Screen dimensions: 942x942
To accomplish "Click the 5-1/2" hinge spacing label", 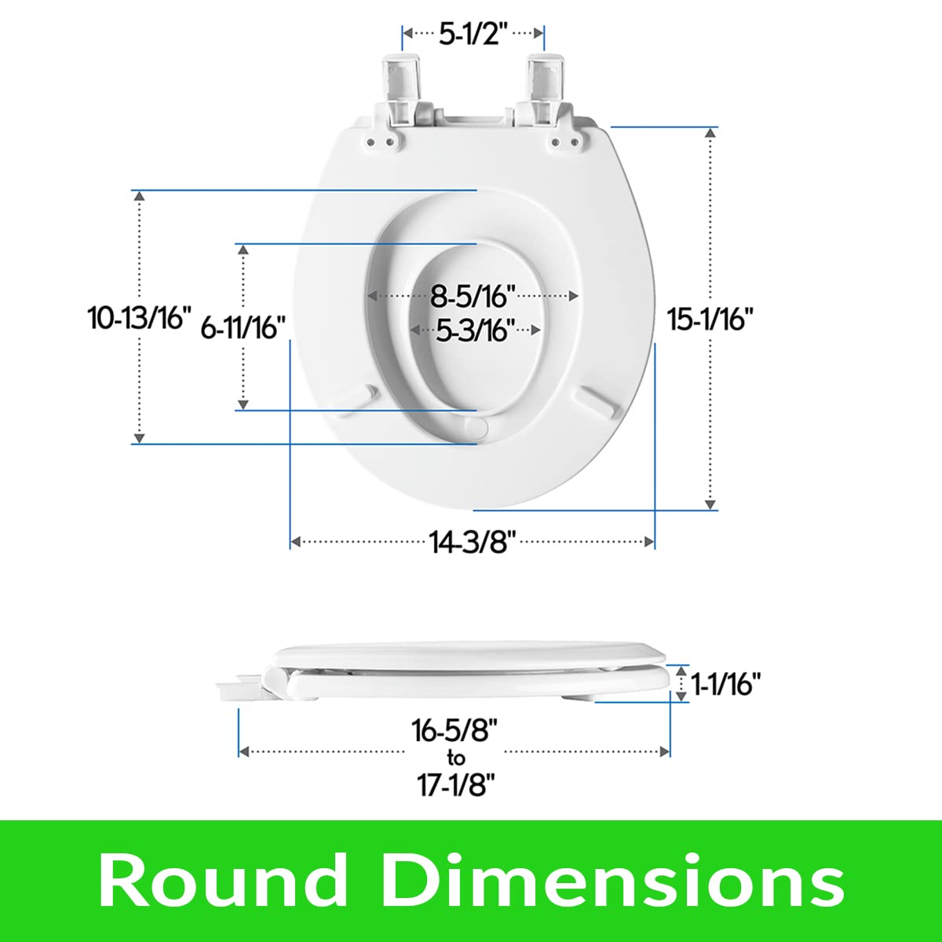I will coord(473,35).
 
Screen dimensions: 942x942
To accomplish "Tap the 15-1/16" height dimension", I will coord(710,319).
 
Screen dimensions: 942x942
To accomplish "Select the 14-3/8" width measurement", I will coord(472,542).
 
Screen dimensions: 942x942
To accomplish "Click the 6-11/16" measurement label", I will coord(243,327).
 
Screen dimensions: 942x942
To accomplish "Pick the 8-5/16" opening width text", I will coord(473,297).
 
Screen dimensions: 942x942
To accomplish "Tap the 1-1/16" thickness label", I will coord(726,684).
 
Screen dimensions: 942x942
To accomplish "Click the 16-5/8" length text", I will coord(455,731).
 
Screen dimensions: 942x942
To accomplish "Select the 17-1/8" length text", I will coord(455,784).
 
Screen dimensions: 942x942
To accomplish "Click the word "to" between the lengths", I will coord(455,758).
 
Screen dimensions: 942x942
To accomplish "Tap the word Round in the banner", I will coord(224,880).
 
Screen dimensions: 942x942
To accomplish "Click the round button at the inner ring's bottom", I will coord(476,425).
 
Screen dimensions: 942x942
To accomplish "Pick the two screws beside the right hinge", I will coord(565,142).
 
